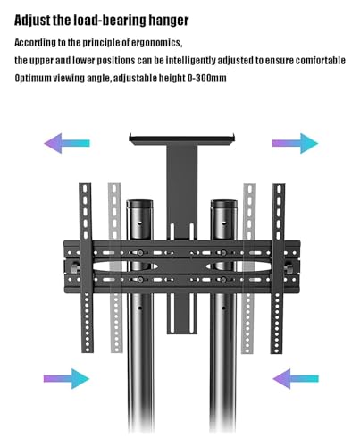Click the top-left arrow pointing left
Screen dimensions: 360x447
[67, 143]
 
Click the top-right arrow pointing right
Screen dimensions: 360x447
[295, 143]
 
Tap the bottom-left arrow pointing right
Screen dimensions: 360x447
[66, 379]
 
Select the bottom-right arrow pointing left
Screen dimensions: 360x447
[296, 379]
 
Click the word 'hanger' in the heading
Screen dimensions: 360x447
[169, 21]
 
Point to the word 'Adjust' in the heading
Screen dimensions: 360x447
[32, 21]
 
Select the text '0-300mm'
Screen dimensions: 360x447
[206, 79]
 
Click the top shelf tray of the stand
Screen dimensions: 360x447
[182, 139]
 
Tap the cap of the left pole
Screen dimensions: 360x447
[139, 204]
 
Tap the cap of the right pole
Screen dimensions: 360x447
[224, 204]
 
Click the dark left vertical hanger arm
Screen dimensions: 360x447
[87, 268]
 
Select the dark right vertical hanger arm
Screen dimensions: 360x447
[278, 268]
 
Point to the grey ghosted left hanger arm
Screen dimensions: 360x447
[115, 268]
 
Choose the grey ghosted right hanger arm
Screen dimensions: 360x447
[248, 268]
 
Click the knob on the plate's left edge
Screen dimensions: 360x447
[75, 266]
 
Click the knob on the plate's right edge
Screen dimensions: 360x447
[289, 266]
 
